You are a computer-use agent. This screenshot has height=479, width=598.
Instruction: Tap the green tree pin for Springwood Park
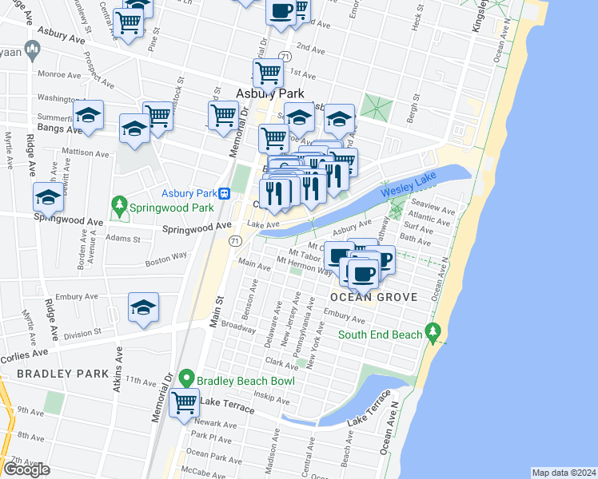pos(120,208)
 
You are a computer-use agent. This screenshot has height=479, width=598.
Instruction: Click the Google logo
pos(26,469)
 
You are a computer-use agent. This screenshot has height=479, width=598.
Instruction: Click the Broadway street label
pos(238,326)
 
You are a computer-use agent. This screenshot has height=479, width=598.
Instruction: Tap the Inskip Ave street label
pos(270,395)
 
